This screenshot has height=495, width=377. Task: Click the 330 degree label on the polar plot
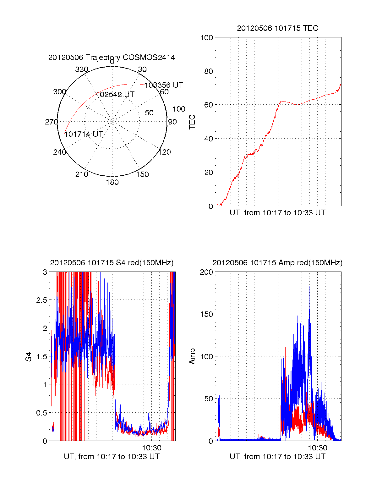coord(82,69)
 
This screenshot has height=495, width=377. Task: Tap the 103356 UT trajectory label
coord(164,85)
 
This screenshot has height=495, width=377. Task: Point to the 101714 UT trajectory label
coord(84,134)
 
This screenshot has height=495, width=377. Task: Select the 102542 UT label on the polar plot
coord(115,95)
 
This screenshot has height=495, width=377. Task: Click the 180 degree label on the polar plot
coord(112,182)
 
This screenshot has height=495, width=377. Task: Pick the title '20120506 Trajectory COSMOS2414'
coord(112,58)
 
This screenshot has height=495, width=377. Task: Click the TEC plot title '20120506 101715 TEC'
coord(277,28)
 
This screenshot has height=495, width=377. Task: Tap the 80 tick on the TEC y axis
coord(209,71)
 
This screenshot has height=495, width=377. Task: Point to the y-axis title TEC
coord(192,122)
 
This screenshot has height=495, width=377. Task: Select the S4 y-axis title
coord(29,357)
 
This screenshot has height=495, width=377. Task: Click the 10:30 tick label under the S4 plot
coord(152,448)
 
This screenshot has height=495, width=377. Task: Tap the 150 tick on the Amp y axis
coord(206,314)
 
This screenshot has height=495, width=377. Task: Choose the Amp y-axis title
coord(192,356)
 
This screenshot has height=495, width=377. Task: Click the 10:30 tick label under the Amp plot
coord(317,448)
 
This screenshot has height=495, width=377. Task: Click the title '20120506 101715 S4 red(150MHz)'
coord(112,263)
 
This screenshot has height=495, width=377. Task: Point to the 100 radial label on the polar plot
coord(179,109)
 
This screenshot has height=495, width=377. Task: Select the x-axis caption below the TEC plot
coord(277,213)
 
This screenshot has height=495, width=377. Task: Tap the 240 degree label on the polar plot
coord(59,152)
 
